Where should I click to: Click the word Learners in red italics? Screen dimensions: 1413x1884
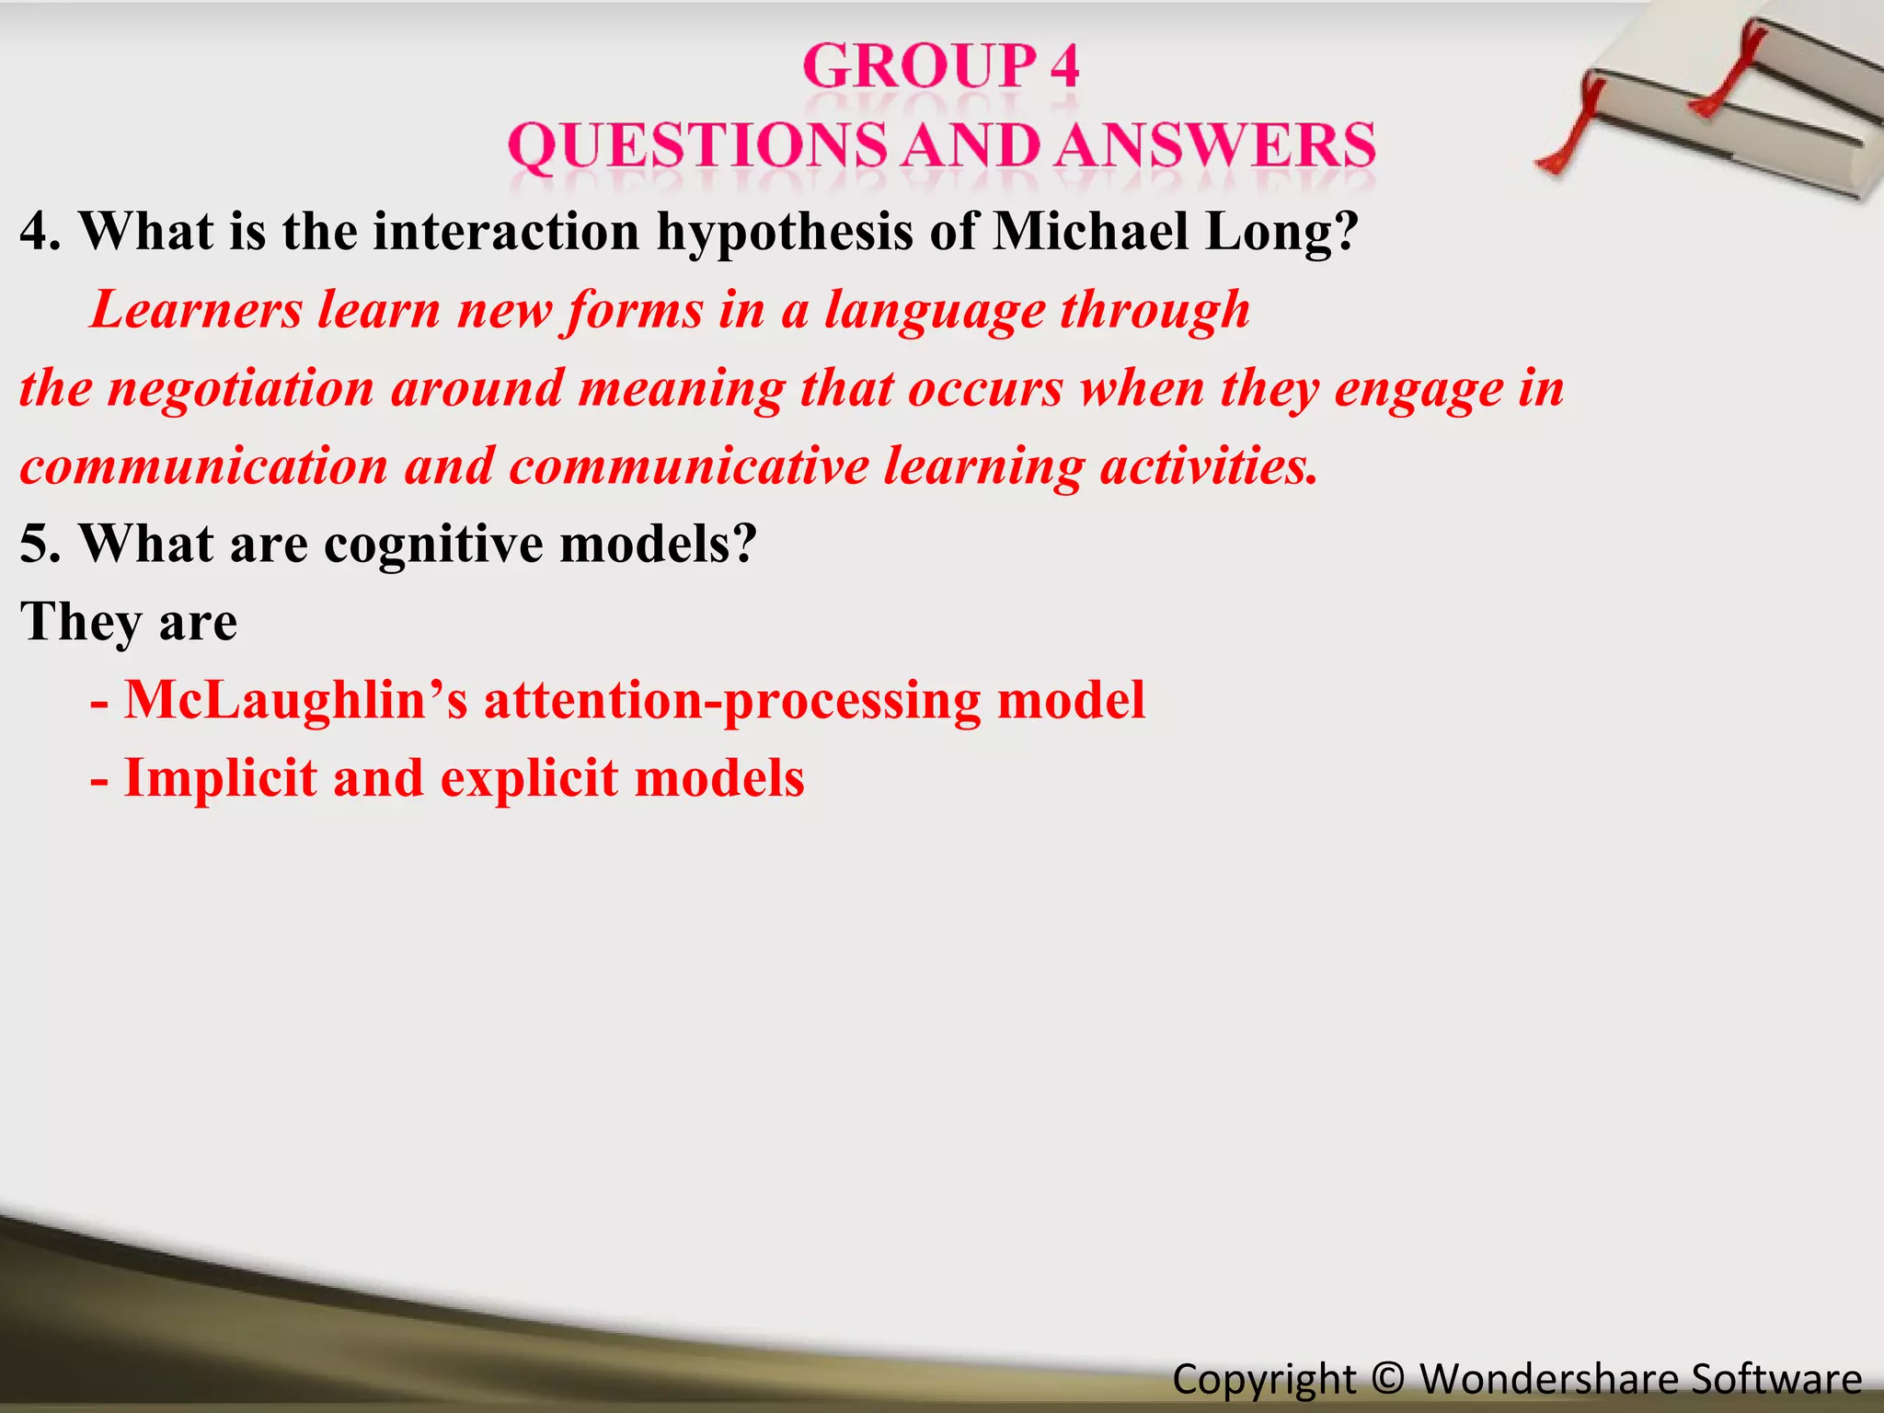[197, 310]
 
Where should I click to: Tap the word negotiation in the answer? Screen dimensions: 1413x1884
[242, 388]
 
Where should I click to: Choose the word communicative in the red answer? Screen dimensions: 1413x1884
[689, 466]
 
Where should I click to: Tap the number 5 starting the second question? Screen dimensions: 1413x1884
[34, 545]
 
